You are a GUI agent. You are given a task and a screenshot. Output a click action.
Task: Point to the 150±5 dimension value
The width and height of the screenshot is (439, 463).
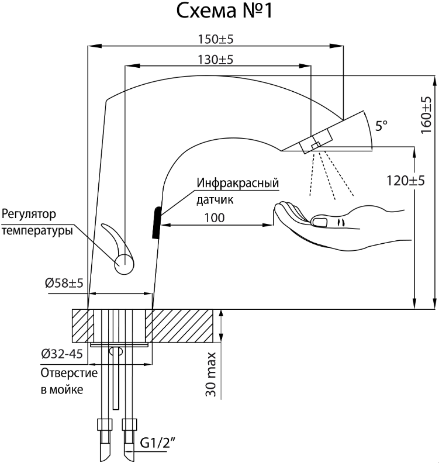click(x=216, y=39)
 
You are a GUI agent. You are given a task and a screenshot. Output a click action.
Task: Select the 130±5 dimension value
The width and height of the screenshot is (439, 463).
click(x=216, y=60)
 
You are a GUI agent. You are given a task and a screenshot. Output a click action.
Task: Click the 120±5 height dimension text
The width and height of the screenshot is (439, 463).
click(x=405, y=180)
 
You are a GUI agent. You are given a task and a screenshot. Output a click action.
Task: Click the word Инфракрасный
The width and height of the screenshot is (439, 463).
click(x=237, y=183)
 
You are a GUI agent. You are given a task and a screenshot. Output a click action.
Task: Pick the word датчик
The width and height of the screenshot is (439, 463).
click(x=216, y=199)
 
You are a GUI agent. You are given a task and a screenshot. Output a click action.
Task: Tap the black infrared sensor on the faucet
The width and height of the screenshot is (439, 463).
click(x=156, y=223)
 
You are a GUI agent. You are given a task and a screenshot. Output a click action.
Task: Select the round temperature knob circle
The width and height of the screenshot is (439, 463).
click(x=125, y=264)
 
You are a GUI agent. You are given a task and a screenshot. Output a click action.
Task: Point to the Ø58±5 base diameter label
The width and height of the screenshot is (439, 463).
click(x=64, y=284)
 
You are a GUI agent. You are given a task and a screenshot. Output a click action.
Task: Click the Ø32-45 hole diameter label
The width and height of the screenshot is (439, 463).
click(x=61, y=354)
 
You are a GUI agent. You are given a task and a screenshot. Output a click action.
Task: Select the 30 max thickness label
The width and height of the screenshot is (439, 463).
click(x=210, y=375)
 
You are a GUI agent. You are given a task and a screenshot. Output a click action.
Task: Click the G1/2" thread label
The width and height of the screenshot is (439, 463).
click(x=158, y=444)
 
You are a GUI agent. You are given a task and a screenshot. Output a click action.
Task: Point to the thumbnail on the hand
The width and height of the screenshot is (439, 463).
click(x=320, y=221)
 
